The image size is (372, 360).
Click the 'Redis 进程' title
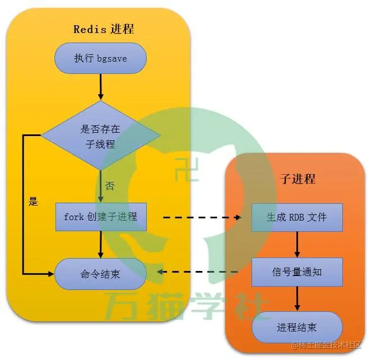click(104, 29)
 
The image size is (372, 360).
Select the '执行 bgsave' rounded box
click(100, 58)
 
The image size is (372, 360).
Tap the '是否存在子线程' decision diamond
click(100, 136)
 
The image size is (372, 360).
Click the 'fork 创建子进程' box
click(100, 217)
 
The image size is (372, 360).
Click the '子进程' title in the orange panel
click(297, 179)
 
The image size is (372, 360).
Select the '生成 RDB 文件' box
click(297, 217)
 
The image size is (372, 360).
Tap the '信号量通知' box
click(297, 272)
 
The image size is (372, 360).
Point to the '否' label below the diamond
click(110, 186)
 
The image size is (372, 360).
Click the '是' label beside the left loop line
click(33, 202)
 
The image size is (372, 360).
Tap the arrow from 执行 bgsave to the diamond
click(101, 87)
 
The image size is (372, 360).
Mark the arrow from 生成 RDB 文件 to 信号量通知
click(297, 244)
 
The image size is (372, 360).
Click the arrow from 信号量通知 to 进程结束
click(297, 300)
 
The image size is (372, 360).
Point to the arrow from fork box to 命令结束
click(101, 245)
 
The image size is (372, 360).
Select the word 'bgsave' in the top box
click(112, 58)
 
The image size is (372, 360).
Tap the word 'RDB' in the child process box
click(296, 217)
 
